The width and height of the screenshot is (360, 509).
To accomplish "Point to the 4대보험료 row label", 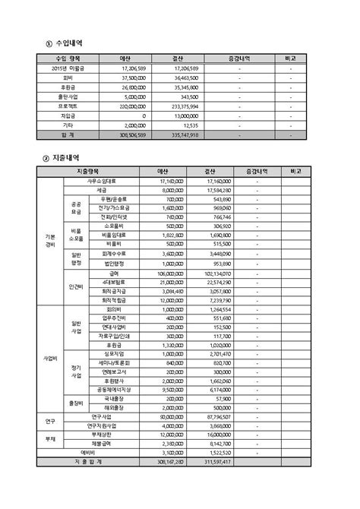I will coord(113,282).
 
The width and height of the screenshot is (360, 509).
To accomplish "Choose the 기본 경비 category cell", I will coord(50,241).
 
